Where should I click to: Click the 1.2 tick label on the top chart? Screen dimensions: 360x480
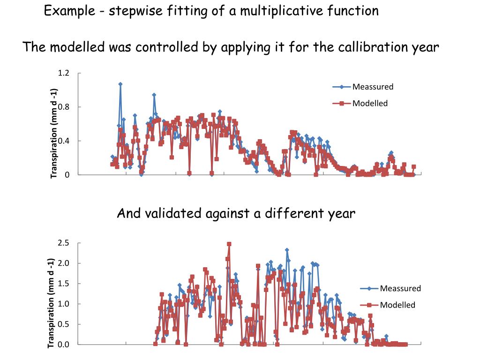[x=63, y=73]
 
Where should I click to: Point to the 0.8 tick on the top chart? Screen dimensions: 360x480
[x=63, y=107]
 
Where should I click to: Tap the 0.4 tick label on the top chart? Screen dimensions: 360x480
[x=63, y=141]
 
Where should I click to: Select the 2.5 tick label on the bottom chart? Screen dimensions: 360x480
[x=63, y=243]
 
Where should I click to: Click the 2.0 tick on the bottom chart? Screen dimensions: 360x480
[x=63, y=263]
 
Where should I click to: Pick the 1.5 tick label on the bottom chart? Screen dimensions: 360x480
[x=63, y=284]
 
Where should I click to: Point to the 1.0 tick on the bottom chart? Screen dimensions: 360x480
[x=63, y=304]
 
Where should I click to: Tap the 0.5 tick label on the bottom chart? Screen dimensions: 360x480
[x=63, y=324]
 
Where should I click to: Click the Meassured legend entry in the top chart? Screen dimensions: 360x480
[x=373, y=87]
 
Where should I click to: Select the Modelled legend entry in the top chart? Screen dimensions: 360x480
[x=370, y=103]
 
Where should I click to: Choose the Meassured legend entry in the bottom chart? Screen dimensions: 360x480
[x=400, y=288]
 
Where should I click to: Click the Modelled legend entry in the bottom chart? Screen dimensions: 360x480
[x=397, y=305]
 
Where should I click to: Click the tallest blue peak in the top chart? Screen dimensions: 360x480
[x=120, y=84]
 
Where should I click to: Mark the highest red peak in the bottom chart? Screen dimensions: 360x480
[x=229, y=244]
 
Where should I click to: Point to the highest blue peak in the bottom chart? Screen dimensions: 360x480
[x=287, y=250]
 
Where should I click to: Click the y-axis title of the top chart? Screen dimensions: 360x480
[x=54, y=134]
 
